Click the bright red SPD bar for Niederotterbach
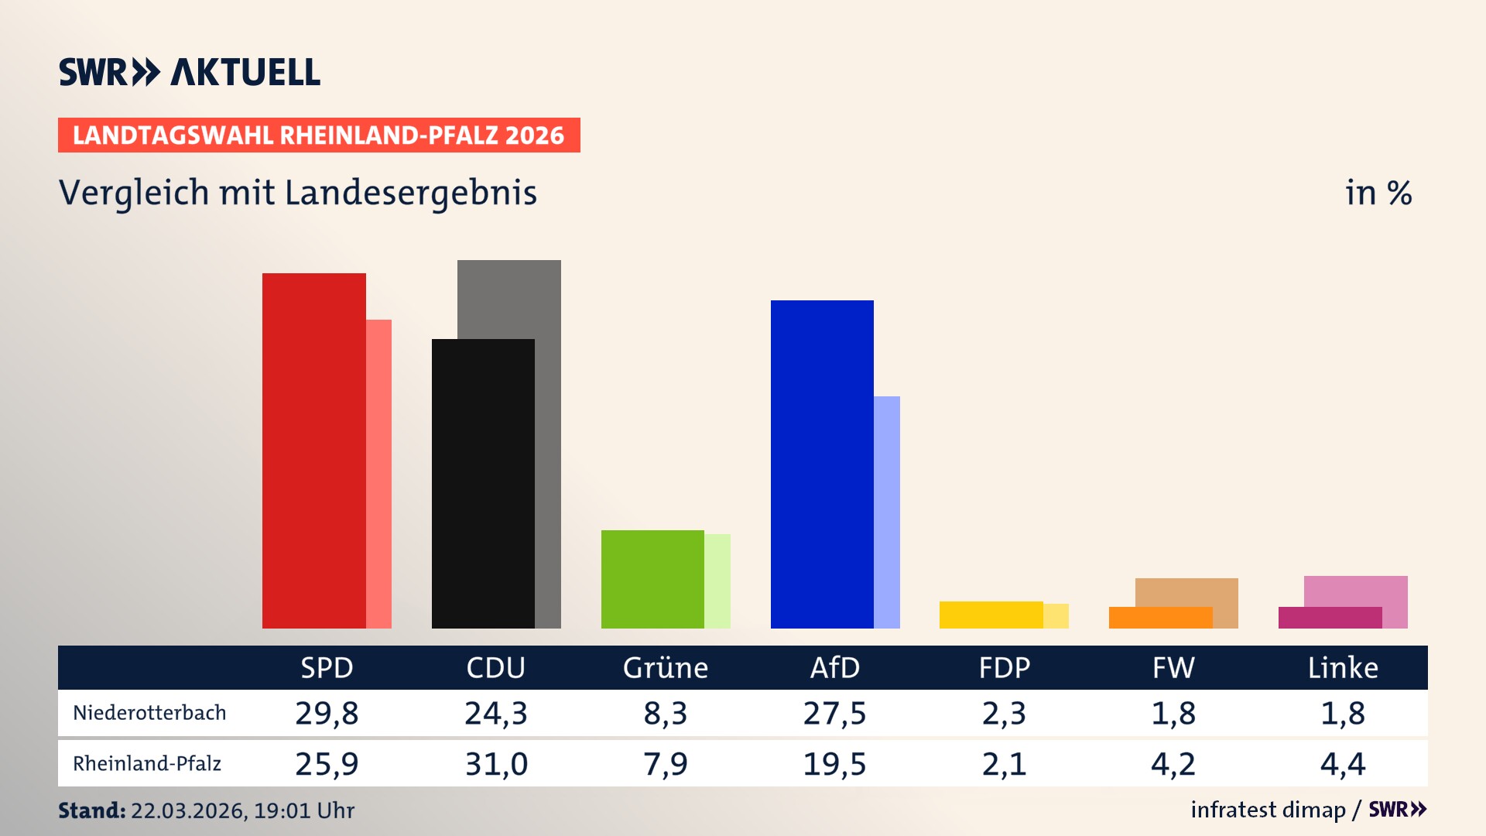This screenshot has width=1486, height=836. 313,451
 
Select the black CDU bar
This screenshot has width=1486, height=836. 483,484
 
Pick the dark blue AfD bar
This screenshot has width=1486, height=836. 822,464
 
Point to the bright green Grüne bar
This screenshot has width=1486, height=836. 652,579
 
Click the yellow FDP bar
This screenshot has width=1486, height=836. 991,615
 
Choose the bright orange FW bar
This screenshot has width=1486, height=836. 1160,618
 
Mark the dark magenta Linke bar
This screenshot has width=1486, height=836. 1330,618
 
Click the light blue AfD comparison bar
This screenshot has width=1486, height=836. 887,511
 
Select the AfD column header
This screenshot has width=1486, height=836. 834,668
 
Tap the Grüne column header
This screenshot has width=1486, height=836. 665,668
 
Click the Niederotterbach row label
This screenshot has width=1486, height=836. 149,713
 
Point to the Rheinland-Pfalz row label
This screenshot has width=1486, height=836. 147,764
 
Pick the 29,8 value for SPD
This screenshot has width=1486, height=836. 327,713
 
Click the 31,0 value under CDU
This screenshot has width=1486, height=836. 496,764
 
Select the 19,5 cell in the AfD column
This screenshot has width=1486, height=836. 834,764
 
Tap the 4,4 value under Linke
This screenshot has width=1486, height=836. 1343,764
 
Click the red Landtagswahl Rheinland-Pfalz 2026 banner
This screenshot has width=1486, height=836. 319,135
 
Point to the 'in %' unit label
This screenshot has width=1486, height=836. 1378,193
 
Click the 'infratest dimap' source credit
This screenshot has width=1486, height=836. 1268,810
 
